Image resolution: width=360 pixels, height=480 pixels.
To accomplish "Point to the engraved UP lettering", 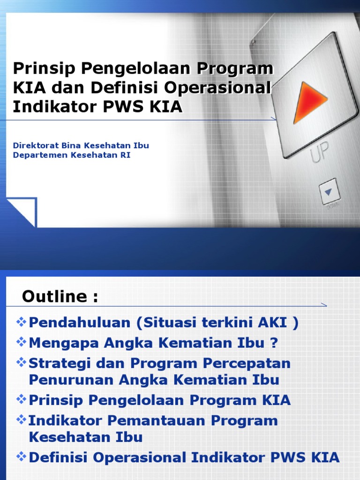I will tap(319, 152).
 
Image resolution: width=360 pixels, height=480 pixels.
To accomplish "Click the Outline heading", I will tap(60, 297).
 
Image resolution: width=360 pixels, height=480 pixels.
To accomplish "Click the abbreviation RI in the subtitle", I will tap(126, 155).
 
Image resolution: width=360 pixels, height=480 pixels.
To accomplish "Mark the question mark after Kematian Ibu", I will tap(274, 343).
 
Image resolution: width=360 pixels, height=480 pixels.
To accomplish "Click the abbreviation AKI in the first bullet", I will tap(274, 323).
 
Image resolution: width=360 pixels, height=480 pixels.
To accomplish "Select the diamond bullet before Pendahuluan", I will tap(21, 322).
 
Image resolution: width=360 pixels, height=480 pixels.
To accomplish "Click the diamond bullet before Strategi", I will tap(21, 362).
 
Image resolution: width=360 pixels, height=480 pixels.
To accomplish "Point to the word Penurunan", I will tap(72, 380).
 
